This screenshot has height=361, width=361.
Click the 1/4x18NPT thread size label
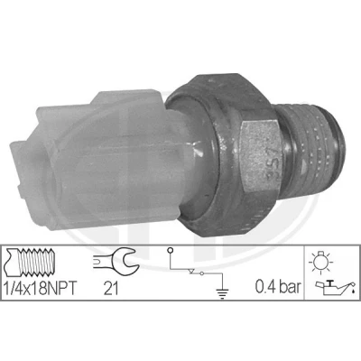pyautogui.click(x=40, y=288)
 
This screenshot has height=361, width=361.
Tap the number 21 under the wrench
pyautogui.click(x=111, y=288)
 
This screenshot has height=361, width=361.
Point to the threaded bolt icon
pyautogui.click(x=30, y=263)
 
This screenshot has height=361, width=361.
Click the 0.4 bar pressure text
pyautogui.click(x=278, y=287)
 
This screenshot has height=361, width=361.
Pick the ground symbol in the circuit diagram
pyautogui.click(x=222, y=293)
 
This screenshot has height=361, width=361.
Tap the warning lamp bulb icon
pyautogui.click(x=320, y=262)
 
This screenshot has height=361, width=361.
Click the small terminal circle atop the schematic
pyautogui.click(x=170, y=250)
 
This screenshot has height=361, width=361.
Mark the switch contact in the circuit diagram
pyautogui.click(x=196, y=272)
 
